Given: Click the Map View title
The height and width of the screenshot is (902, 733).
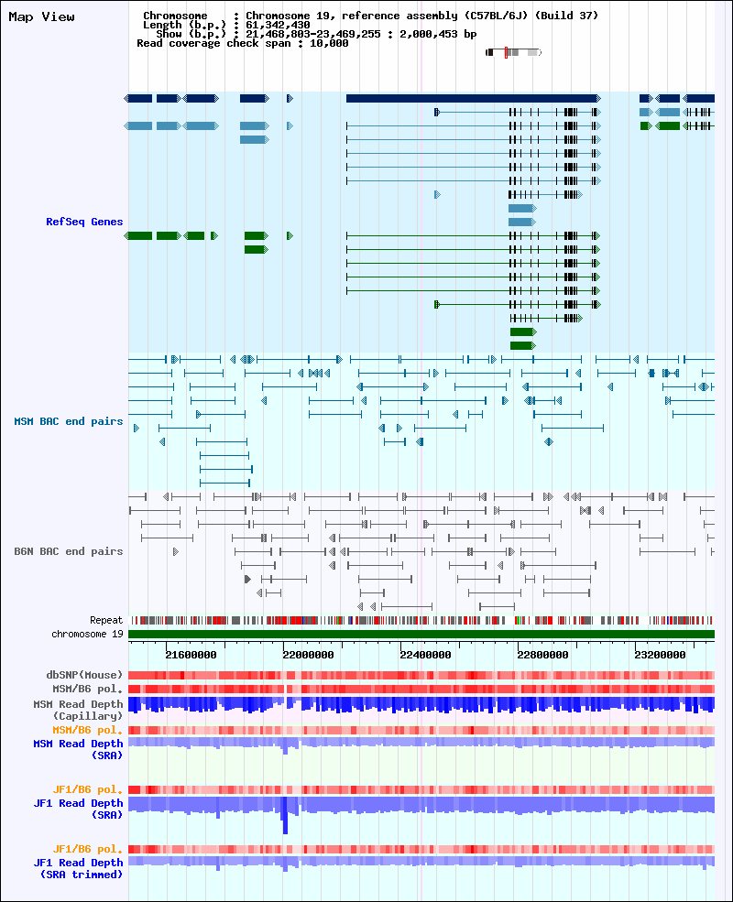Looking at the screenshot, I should click(41, 17).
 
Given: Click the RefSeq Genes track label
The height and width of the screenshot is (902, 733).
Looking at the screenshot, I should click(84, 223).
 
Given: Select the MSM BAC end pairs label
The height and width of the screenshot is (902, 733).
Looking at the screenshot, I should click(68, 421).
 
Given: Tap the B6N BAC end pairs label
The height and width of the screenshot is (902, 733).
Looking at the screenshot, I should click(68, 551).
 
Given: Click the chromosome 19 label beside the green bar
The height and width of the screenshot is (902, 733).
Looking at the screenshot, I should click(87, 634).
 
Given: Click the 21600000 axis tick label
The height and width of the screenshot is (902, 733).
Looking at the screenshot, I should click(191, 655).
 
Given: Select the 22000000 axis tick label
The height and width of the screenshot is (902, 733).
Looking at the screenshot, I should click(309, 655).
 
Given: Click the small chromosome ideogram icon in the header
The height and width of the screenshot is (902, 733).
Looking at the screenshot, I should click(513, 53).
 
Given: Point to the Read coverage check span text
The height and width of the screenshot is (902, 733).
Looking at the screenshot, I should click(242, 43).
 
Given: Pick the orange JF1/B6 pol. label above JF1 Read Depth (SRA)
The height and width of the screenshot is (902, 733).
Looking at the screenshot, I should click(88, 789).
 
